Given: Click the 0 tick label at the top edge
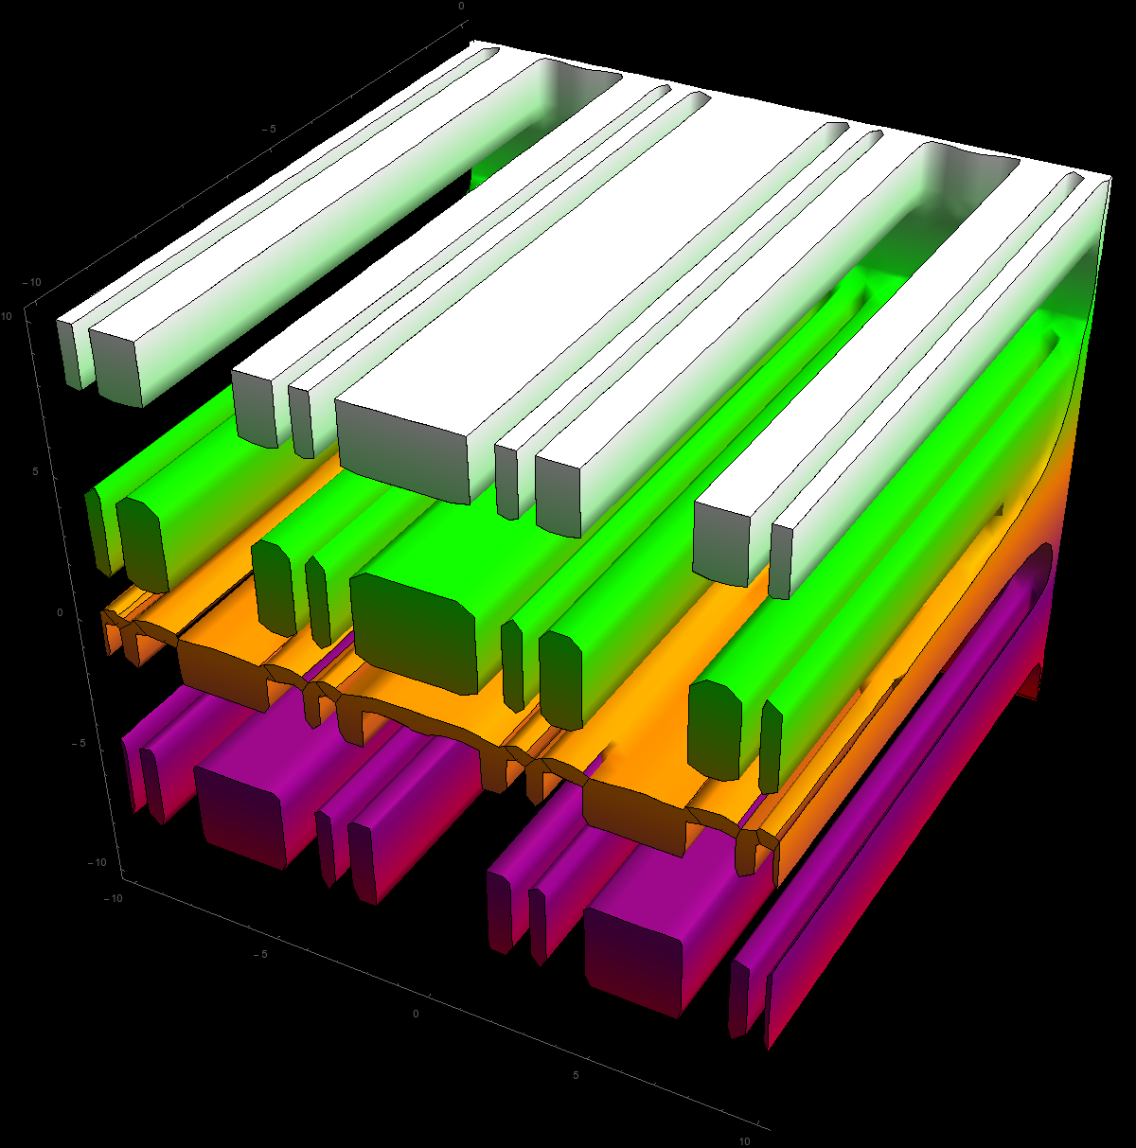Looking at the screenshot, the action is (x=461, y=6).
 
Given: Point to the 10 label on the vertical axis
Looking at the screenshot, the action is (x=7, y=316).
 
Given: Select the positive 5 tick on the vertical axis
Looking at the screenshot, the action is (x=35, y=471).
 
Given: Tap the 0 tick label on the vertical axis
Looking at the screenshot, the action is (x=60, y=612).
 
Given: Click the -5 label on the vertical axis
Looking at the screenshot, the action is (x=78, y=743).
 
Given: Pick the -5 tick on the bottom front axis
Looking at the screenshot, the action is (x=260, y=954).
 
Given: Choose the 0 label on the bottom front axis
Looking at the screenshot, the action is (x=416, y=1014).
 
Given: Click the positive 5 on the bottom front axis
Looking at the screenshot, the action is (x=576, y=1075).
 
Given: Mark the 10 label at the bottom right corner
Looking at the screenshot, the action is (x=744, y=1140).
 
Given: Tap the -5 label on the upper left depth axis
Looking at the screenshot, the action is (x=269, y=129).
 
